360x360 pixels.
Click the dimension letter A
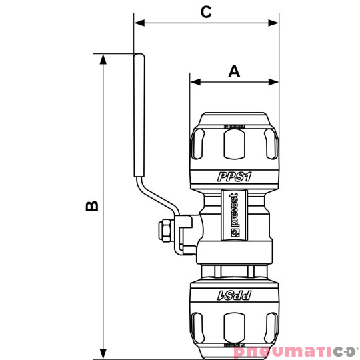[233, 71]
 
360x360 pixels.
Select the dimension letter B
[93, 205]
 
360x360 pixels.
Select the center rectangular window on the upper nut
[234, 143]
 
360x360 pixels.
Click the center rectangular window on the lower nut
[234, 327]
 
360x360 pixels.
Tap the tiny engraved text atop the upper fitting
[234, 125]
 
